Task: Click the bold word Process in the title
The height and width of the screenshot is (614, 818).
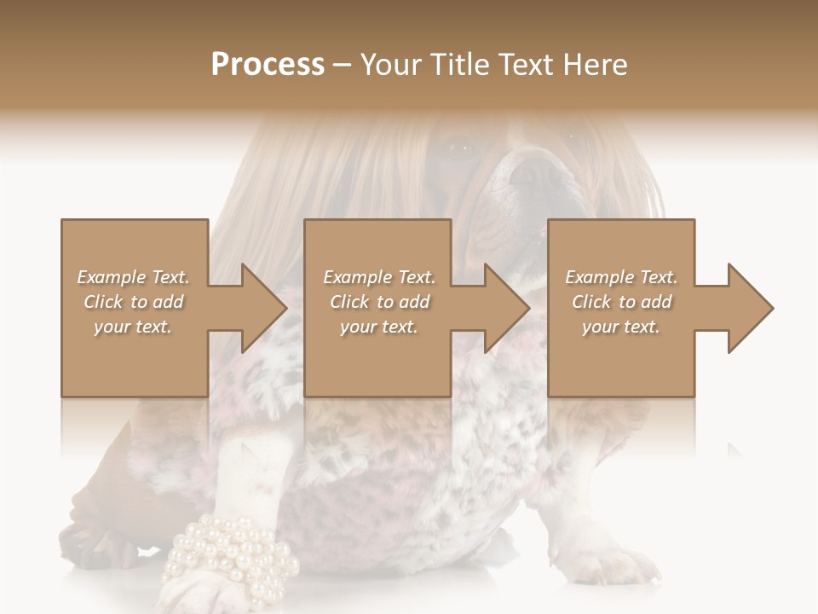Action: point(268,65)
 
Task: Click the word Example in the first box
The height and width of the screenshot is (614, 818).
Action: point(111,277)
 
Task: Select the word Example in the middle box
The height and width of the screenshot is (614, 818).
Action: point(357,277)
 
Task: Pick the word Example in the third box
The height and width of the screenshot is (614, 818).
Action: point(599,277)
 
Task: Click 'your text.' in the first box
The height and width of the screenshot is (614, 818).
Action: point(133,327)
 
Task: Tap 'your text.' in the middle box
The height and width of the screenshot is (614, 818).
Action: point(378,327)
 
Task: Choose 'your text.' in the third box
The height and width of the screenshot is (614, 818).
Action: point(620,327)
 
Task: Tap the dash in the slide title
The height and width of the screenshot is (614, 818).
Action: point(342,66)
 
